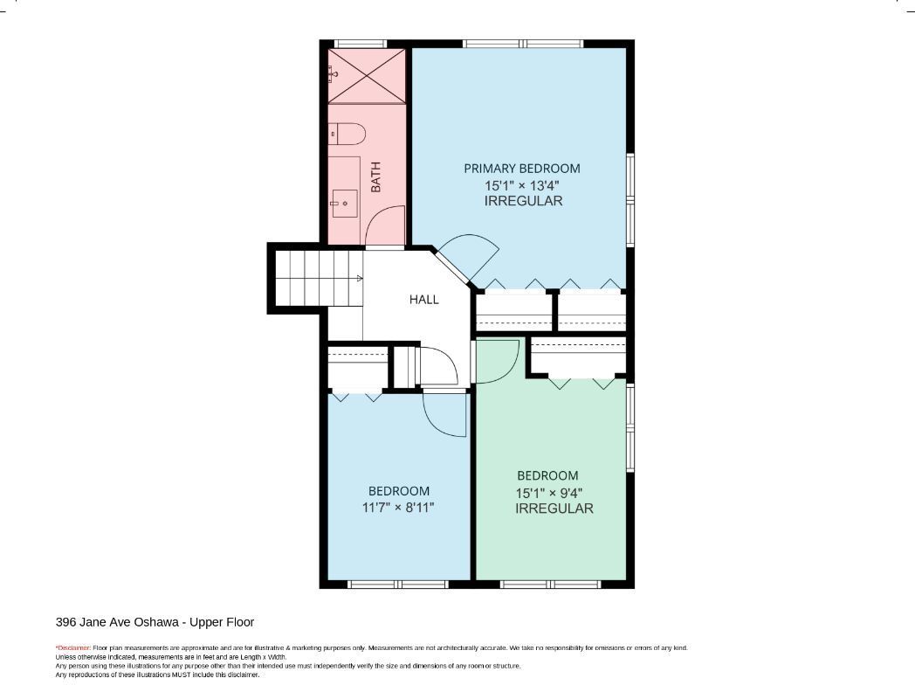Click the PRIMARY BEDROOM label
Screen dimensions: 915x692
(522, 169)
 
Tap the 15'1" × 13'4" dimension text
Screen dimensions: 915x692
(522, 186)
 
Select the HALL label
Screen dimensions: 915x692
(423, 300)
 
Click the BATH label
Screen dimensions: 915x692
(375, 177)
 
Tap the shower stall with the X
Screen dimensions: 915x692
(367, 77)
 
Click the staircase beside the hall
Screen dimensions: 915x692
(319, 279)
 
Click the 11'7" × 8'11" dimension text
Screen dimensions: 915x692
(398, 508)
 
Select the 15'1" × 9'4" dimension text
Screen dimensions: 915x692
(549, 493)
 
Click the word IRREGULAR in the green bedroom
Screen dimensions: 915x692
(554, 509)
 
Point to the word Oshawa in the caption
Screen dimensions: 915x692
(156, 622)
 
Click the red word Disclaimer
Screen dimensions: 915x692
(73, 648)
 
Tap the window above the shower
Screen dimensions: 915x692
(361, 44)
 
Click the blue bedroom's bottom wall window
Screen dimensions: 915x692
(398, 584)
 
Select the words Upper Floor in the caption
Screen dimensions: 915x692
(222, 622)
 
